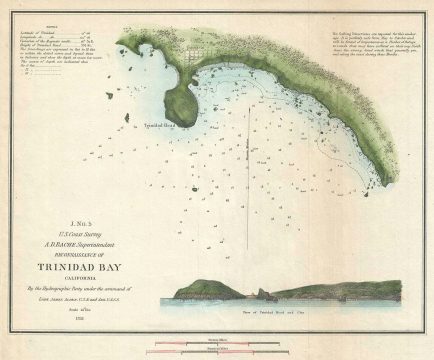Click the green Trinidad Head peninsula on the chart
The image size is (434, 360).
pyautogui.click(x=177, y=101)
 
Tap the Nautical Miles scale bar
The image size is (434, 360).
pyautogui.click(x=216, y=341)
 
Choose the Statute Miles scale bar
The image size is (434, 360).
pyautogui.click(x=216, y=349)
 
